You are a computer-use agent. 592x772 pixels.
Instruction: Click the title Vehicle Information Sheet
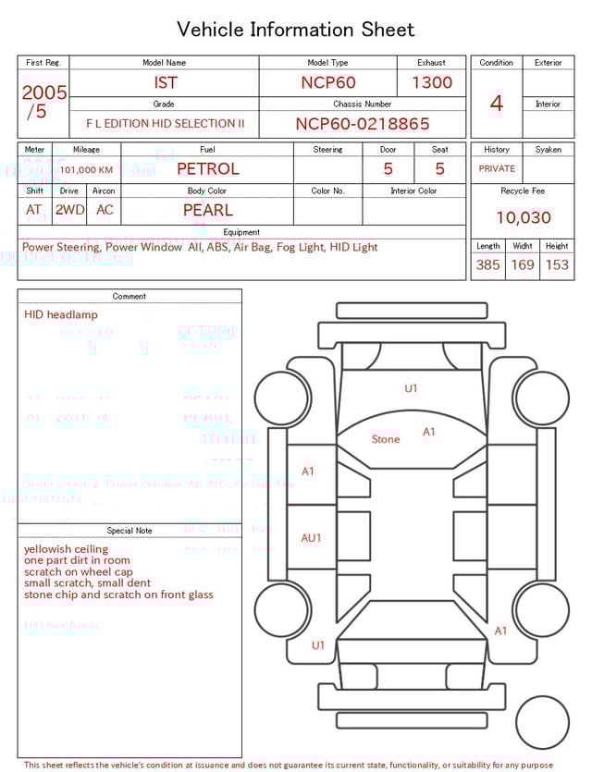[x=295, y=30]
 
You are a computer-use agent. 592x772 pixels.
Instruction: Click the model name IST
[x=166, y=82]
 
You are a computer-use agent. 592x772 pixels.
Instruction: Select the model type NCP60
[x=327, y=82]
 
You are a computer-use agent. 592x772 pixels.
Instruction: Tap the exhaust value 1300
[x=432, y=82]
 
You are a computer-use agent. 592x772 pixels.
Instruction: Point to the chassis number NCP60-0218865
[x=363, y=124]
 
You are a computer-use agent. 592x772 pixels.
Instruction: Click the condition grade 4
[x=496, y=103]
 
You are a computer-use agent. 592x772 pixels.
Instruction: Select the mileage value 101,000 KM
[x=87, y=170]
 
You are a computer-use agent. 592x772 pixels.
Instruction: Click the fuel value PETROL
[x=207, y=169]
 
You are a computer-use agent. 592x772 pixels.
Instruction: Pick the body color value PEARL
[x=207, y=210]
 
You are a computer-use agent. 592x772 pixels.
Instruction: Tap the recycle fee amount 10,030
[x=523, y=217]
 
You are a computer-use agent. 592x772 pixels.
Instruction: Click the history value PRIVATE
[x=497, y=169]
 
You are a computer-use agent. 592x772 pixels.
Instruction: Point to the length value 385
[x=487, y=264]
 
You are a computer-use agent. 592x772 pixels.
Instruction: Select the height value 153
[x=557, y=264]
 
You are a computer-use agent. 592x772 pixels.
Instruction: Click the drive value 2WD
[x=69, y=210]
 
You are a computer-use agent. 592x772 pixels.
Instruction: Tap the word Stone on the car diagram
[x=386, y=439]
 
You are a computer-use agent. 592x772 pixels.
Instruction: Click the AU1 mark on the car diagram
[x=311, y=538]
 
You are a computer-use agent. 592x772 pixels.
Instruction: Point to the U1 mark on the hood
[x=411, y=388]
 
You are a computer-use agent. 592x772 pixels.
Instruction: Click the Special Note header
[x=129, y=531]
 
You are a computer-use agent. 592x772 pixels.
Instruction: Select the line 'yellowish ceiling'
[x=66, y=549]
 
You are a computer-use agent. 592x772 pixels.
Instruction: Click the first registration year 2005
[x=44, y=92]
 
